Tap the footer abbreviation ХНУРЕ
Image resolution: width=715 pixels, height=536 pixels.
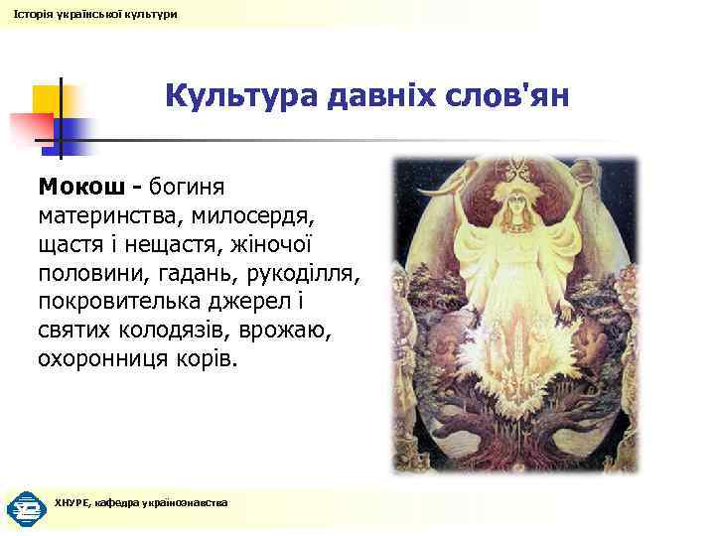[x=71, y=503]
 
